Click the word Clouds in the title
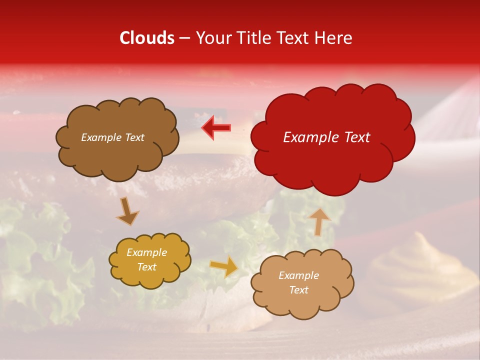click(x=147, y=38)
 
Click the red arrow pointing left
click(x=216, y=127)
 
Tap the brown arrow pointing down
click(x=127, y=211)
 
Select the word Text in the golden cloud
click(x=147, y=267)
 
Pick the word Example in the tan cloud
click(x=298, y=275)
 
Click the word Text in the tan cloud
click(x=298, y=290)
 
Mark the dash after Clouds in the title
click(x=184, y=38)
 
